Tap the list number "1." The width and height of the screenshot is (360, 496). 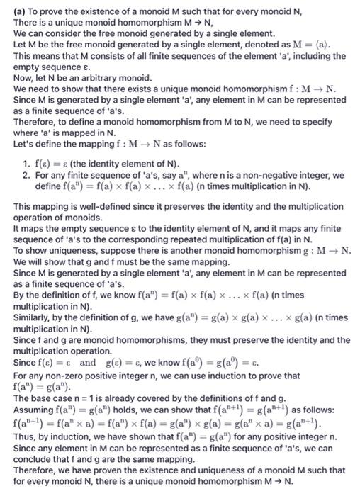[x=26, y=163]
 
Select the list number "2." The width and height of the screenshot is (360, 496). [x=26, y=174]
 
